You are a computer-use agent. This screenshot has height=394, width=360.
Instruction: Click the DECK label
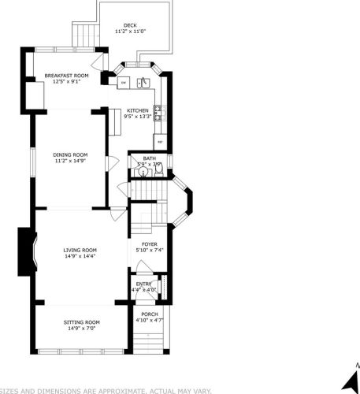pyautogui.click(x=130, y=25)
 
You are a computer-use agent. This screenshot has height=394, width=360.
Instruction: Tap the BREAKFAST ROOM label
pyautogui.click(x=66, y=76)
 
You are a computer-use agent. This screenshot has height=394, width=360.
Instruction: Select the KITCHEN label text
pyautogui.click(x=139, y=111)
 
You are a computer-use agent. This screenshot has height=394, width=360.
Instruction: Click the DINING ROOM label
pyautogui.click(x=70, y=154)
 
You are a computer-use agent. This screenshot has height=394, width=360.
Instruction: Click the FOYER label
pyautogui.click(x=149, y=244)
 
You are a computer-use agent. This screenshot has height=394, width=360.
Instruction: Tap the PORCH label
pyautogui.click(x=149, y=314)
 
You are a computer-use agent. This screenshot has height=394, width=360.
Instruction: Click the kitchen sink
pyautogui.click(x=143, y=83)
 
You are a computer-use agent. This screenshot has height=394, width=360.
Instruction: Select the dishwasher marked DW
pyautogui.click(x=124, y=83)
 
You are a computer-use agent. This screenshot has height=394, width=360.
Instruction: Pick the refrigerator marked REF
pyautogui.click(x=159, y=141)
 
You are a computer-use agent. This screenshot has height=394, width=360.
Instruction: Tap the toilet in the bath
pyautogui.click(x=158, y=175)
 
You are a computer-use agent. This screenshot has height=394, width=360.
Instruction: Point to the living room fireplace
pyautogui.click(x=26, y=252)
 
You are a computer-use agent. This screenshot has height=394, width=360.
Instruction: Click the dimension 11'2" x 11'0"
pyautogui.click(x=130, y=32)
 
